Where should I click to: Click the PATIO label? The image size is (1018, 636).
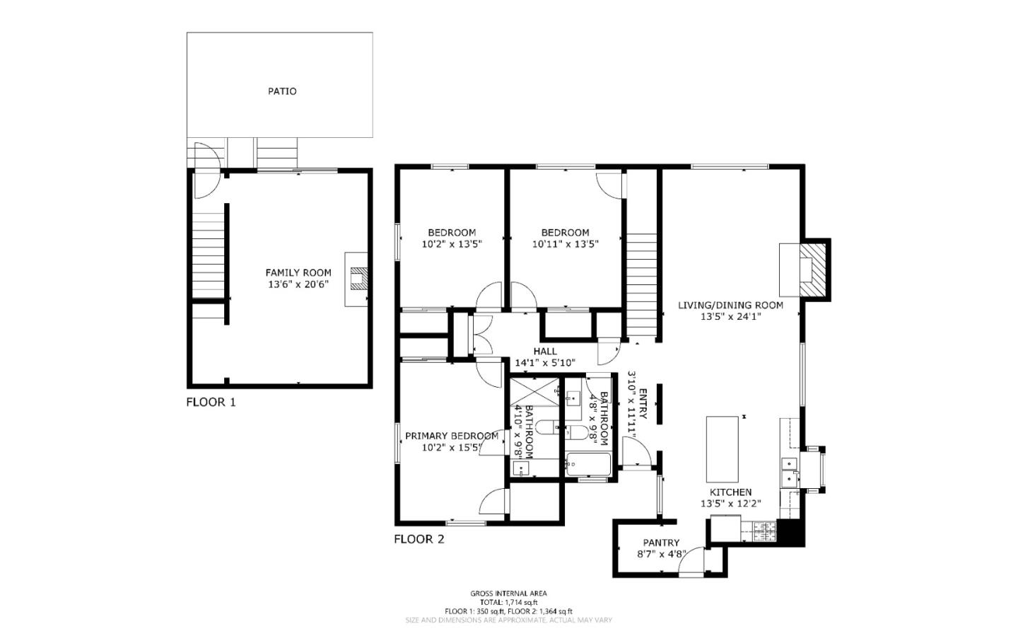(281, 91)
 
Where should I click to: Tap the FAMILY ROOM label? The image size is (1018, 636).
(298, 272)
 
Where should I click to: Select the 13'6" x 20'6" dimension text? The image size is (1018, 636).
(298, 284)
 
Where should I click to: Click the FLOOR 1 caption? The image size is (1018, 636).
(211, 403)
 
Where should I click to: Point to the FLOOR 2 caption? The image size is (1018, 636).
(419, 539)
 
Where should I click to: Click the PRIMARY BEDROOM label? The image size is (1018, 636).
(451, 436)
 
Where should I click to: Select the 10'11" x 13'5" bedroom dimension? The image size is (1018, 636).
(565, 244)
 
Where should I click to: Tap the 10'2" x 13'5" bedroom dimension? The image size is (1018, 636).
(451, 244)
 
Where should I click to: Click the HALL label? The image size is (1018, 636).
(544, 351)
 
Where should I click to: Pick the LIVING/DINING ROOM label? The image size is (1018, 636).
(730, 305)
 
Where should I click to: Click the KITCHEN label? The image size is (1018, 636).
(730, 492)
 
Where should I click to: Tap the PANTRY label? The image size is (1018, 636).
(661, 543)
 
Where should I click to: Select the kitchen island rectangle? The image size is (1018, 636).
(722, 448)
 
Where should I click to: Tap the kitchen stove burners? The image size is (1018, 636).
(763, 531)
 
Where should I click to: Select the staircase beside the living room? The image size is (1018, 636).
(642, 283)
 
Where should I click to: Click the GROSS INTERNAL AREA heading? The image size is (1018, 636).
(508, 594)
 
